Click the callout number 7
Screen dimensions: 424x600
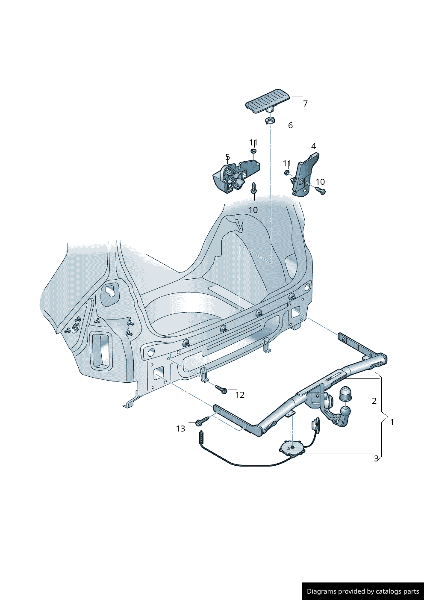tap(306, 103)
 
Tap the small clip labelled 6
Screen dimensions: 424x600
tap(271, 120)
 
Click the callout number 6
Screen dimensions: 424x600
tap(290, 125)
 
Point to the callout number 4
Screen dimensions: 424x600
tap(313, 147)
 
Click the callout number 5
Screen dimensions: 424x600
tap(227, 157)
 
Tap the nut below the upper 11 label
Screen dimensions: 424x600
tap(253, 151)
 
